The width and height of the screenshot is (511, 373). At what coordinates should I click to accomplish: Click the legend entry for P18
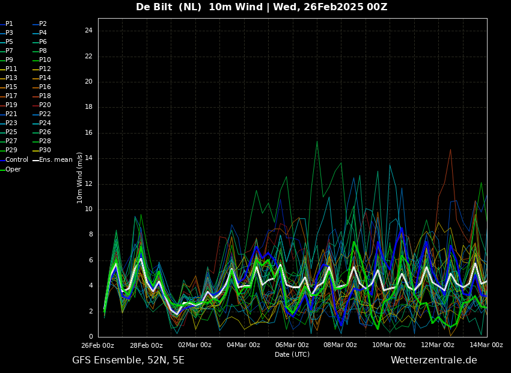41,96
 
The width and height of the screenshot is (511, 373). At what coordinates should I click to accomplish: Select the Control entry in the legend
14,160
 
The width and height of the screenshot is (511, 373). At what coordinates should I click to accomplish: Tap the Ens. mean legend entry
52,160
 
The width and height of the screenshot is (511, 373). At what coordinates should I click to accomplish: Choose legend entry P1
7,24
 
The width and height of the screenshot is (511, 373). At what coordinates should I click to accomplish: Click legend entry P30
41,150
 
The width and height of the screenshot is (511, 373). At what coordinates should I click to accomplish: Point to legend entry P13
8,78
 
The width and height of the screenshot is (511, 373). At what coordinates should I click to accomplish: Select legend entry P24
41,123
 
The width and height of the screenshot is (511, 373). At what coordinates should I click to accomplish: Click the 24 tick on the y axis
88,31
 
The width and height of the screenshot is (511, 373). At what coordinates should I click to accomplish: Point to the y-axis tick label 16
88,133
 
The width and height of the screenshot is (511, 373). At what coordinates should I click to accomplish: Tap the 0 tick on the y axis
91,336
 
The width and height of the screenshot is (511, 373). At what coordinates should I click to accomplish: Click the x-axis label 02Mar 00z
195,345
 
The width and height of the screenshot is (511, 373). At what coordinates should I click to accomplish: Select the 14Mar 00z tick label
486,345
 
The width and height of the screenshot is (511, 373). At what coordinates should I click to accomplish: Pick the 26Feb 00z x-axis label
98,345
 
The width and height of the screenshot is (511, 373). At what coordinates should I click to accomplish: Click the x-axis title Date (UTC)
292,354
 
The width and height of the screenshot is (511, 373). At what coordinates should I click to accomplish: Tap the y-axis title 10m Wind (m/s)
79,177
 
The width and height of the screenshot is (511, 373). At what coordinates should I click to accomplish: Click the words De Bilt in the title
154,7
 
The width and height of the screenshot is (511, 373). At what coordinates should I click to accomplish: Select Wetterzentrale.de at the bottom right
434,360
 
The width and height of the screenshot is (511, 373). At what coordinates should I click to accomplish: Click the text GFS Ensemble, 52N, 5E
128,360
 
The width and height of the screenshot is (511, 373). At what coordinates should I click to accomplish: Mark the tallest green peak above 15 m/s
317,141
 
